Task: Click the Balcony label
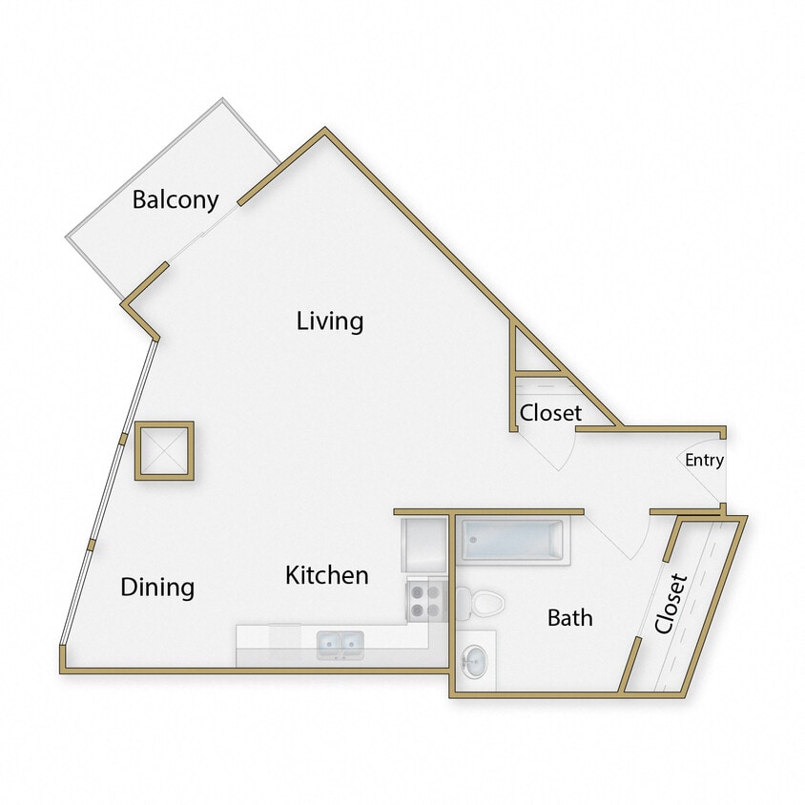click(175, 200)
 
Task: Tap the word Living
click(330, 320)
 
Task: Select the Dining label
click(157, 587)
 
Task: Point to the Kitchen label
click(327, 575)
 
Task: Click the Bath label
click(569, 618)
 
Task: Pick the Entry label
click(705, 461)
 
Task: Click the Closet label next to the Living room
click(550, 413)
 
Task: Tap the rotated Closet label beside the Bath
click(671, 604)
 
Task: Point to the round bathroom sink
click(473, 659)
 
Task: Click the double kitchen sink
click(341, 645)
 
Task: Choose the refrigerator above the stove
click(423, 545)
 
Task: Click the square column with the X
click(164, 450)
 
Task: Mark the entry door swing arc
click(702, 486)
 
